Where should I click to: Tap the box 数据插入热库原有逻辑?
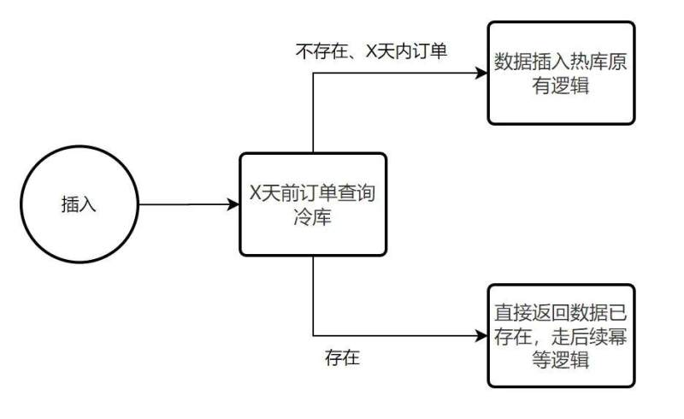[561, 74]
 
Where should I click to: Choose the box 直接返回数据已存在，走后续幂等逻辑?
[561, 336]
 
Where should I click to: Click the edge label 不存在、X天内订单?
[372, 51]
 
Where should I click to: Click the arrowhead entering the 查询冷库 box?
[233, 204]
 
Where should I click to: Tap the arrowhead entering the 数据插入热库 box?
[481, 74]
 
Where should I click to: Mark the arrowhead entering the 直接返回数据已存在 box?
[481, 335]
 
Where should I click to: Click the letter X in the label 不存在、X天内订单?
[371, 51]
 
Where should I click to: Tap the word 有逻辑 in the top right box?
[561, 86]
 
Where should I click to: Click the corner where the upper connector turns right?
[314, 74]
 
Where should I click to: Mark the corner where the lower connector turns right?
[314, 335]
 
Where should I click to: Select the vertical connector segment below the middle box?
[314, 295]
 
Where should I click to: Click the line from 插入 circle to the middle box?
[184, 204]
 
